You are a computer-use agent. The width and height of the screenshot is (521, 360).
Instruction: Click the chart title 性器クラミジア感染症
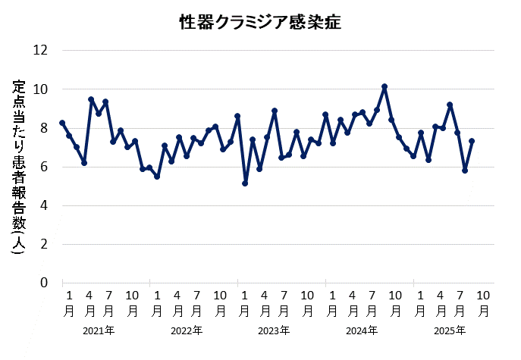pyautogui.click(x=260, y=22)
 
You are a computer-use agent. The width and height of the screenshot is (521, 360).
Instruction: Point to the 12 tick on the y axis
pyautogui.click(x=40, y=51)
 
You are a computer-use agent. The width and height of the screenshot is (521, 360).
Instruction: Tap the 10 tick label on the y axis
pyautogui.click(x=40, y=89)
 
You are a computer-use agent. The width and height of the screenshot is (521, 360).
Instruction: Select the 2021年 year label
pyautogui.click(x=99, y=331)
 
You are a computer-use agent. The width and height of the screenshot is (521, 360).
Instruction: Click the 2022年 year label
pyautogui.click(x=187, y=331)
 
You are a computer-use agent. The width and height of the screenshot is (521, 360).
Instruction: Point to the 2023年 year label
pyautogui.click(x=274, y=331)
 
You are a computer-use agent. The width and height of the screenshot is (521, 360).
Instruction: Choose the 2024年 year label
pyautogui.click(x=362, y=331)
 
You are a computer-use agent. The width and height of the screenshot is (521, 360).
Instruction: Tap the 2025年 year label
pyautogui.click(x=449, y=331)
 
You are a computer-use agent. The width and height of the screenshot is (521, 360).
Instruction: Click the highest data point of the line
pyautogui.click(x=384, y=87)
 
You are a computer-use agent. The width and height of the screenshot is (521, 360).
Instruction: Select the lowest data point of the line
pyautogui.click(x=245, y=183)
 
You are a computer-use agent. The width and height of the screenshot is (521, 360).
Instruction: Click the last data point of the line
pyautogui.click(x=472, y=141)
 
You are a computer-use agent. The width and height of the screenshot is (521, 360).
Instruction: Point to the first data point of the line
pyautogui.click(x=62, y=123)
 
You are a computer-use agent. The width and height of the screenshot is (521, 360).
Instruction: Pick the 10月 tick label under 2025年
pyautogui.click(x=483, y=302)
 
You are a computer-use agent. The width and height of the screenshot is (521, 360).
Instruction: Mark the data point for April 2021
pyautogui.click(x=91, y=99)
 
